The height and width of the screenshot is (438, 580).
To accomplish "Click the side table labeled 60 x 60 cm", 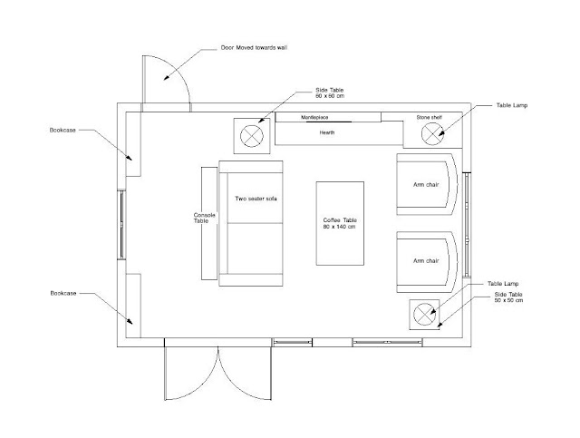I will (x=251, y=136).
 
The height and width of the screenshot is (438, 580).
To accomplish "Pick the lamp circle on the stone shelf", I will (x=431, y=134).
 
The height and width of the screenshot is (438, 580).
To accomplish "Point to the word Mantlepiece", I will (x=327, y=118).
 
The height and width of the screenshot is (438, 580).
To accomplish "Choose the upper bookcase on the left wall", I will (x=132, y=143).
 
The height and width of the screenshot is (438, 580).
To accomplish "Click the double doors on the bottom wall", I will (x=218, y=372).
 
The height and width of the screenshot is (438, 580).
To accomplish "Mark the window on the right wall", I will (x=467, y=223).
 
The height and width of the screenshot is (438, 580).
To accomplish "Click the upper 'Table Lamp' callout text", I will (x=514, y=106).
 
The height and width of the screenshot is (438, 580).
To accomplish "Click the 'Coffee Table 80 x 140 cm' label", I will (x=340, y=223).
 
